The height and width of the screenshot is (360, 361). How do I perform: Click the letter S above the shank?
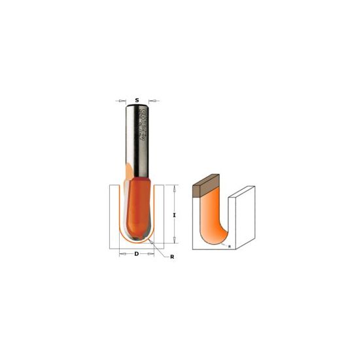click(136, 100)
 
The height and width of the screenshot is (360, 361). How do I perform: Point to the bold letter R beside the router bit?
click(171, 257)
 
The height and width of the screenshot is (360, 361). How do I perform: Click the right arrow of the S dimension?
click(155, 100)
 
